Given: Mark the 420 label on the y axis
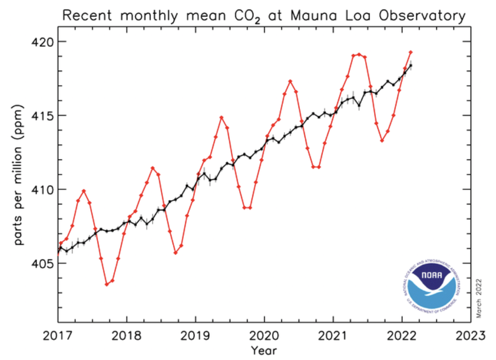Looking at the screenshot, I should click(x=42, y=42).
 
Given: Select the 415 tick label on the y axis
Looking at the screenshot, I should click(x=42, y=116).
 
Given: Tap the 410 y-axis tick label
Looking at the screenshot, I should click(x=42, y=189).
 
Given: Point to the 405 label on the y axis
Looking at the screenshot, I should click(x=42, y=263).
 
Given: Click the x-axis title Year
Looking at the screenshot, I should click(x=264, y=350).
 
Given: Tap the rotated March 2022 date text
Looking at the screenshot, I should click(x=479, y=299).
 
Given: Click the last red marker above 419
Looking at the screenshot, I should click(x=411, y=52).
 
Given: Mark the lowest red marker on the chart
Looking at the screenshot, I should click(x=107, y=284).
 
